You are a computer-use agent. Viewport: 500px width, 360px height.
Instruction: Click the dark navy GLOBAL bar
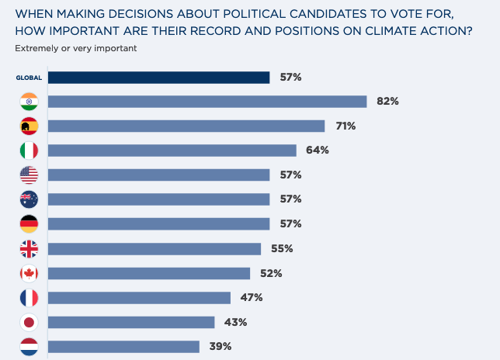pos(158,77)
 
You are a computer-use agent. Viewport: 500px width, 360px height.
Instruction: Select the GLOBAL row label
pos(29,78)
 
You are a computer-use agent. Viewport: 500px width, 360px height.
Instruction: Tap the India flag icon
pos(29,102)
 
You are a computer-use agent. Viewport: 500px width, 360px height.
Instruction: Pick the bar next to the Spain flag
pos(186,126)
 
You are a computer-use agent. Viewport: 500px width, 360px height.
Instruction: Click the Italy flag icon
pos(29,151)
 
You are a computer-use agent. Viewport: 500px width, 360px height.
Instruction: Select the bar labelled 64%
pos(172,151)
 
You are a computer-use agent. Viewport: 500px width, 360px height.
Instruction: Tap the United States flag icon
pos(29,175)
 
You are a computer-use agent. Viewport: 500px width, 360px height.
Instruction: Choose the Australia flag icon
pos(29,199)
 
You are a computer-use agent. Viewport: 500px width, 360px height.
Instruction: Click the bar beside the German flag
pos(158,224)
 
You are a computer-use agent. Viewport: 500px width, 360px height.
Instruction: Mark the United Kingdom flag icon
pos(29,249)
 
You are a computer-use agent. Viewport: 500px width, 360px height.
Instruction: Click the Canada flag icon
pos(29,273)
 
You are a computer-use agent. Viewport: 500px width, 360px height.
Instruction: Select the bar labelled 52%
pos(149,273)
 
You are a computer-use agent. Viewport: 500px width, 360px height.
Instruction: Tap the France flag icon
pos(29,298)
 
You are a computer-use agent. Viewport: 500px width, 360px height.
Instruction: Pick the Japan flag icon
pos(29,323)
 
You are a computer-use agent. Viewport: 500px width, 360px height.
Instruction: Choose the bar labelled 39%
pos(123,347)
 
